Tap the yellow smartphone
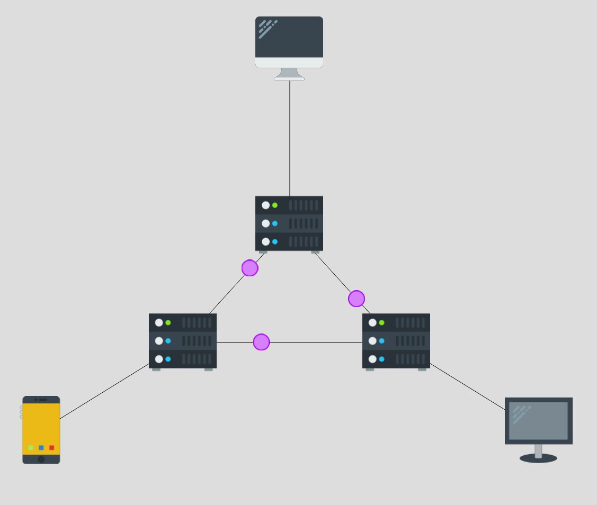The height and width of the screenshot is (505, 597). (x=41, y=429)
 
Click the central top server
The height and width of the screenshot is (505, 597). (x=289, y=223)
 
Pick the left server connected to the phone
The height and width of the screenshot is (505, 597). (x=183, y=341)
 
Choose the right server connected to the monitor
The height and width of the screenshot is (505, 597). (x=396, y=341)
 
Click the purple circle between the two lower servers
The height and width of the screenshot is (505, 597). (x=261, y=342)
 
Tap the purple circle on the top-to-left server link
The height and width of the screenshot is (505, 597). (x=250, y=268)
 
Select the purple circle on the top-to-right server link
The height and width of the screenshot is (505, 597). (x=357, y=299)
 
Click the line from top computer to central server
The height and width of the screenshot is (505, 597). (x=290, y=138)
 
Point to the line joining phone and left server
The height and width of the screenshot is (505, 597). (x=104, y=391)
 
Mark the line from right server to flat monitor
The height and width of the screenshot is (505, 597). (x=467, y=386)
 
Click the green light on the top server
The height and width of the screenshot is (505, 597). (x=275, y=205)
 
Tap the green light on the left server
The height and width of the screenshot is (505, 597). (x=168, y=322)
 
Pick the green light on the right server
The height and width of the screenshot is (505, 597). (x=381, y=322)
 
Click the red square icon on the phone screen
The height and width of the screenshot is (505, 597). (x=52, y=448)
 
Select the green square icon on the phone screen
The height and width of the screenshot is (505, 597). (x=31, y=448)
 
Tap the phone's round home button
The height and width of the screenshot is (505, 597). (x=41, y=459)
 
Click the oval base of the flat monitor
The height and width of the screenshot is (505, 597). (x=538, y=458)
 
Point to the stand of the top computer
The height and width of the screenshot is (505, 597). (x=289, y=74)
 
